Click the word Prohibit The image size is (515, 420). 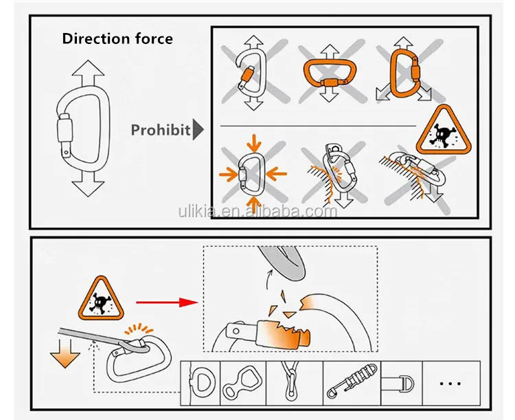point(160,129)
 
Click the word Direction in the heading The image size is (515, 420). point(90,38)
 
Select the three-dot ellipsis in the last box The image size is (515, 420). point(451,382)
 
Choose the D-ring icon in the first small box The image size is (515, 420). point(204,382)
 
